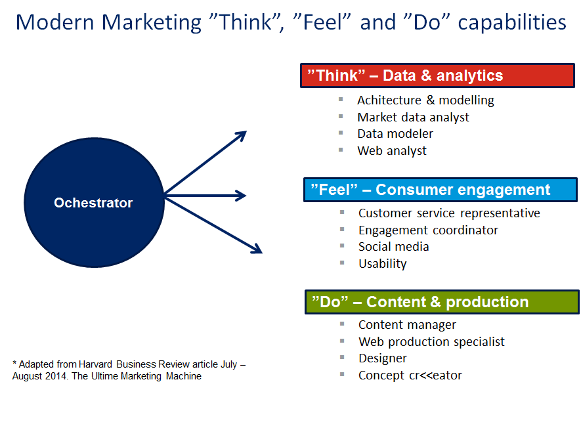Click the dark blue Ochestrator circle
[x=94, y=202]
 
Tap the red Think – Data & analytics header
[x=439, y=75]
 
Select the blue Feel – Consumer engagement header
[x=441, y=190]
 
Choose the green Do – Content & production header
[x=442, y=301]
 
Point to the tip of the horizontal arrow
[x=244, y=195]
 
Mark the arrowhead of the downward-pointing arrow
[x=257, y=249]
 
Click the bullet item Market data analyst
[x=413, y=117]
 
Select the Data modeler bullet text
[x=395, y=133]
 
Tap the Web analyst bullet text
[x=391, y=150]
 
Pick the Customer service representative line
[x=449, y=213]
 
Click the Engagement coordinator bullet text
[x=428, y=230]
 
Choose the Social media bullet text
[x=393, y=246]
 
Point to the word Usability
[x=382, y=263]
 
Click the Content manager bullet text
[x=407, y=324]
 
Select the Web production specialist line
[x=431, y=341]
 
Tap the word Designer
[x=382, y=358]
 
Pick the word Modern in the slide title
[x=56, y=22]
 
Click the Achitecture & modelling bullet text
[x=425, y=100]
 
